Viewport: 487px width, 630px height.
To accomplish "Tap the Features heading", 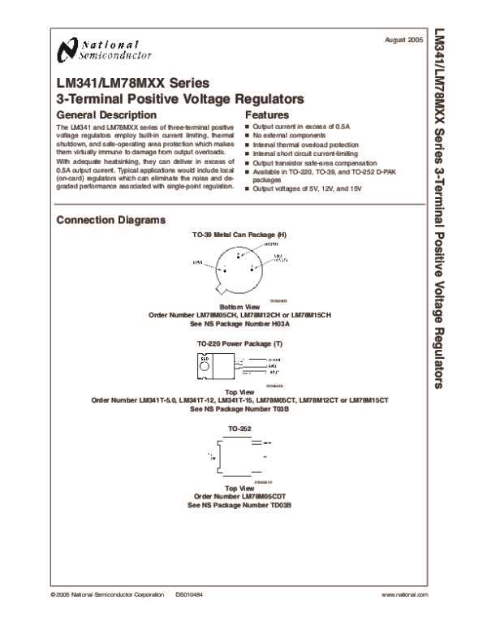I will (267, 115).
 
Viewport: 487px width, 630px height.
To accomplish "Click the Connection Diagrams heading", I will (111, 220).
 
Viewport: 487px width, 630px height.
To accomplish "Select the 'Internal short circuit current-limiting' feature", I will (305, 152).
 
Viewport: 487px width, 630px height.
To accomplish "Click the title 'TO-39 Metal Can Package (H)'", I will (239, 234).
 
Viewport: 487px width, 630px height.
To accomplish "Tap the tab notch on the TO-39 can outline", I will (215, 289).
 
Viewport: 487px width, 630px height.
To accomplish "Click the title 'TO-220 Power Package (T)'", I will (239, 344).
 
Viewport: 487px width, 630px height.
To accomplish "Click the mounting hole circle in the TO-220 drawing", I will (205, 359).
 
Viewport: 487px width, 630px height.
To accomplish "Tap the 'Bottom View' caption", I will (239, 306).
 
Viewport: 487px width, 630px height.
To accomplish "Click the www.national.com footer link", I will (404, 595).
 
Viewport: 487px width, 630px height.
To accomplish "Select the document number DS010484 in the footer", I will (188, 595).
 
